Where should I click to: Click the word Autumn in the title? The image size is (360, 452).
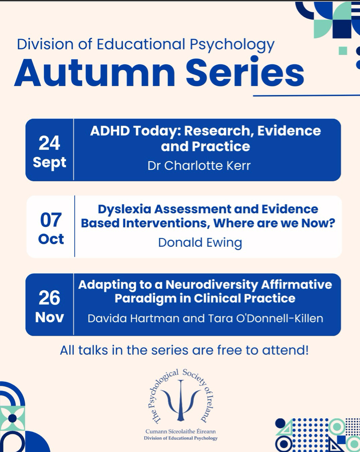95,72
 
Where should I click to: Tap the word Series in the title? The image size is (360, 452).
245,71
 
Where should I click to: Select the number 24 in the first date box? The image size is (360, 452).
49,143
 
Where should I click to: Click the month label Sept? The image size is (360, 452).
50,163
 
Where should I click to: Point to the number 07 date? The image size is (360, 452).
51,220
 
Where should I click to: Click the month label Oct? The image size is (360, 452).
51,239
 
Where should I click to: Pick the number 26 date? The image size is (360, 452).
49,298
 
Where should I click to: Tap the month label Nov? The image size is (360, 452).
49,317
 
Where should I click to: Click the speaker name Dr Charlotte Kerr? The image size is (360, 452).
199,166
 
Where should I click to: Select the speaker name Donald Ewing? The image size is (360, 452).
200,243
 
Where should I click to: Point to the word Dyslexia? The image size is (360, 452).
124,209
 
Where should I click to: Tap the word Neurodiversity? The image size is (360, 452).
212,285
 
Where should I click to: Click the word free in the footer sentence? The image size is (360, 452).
230,350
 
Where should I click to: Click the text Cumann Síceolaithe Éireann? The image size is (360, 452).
180,432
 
